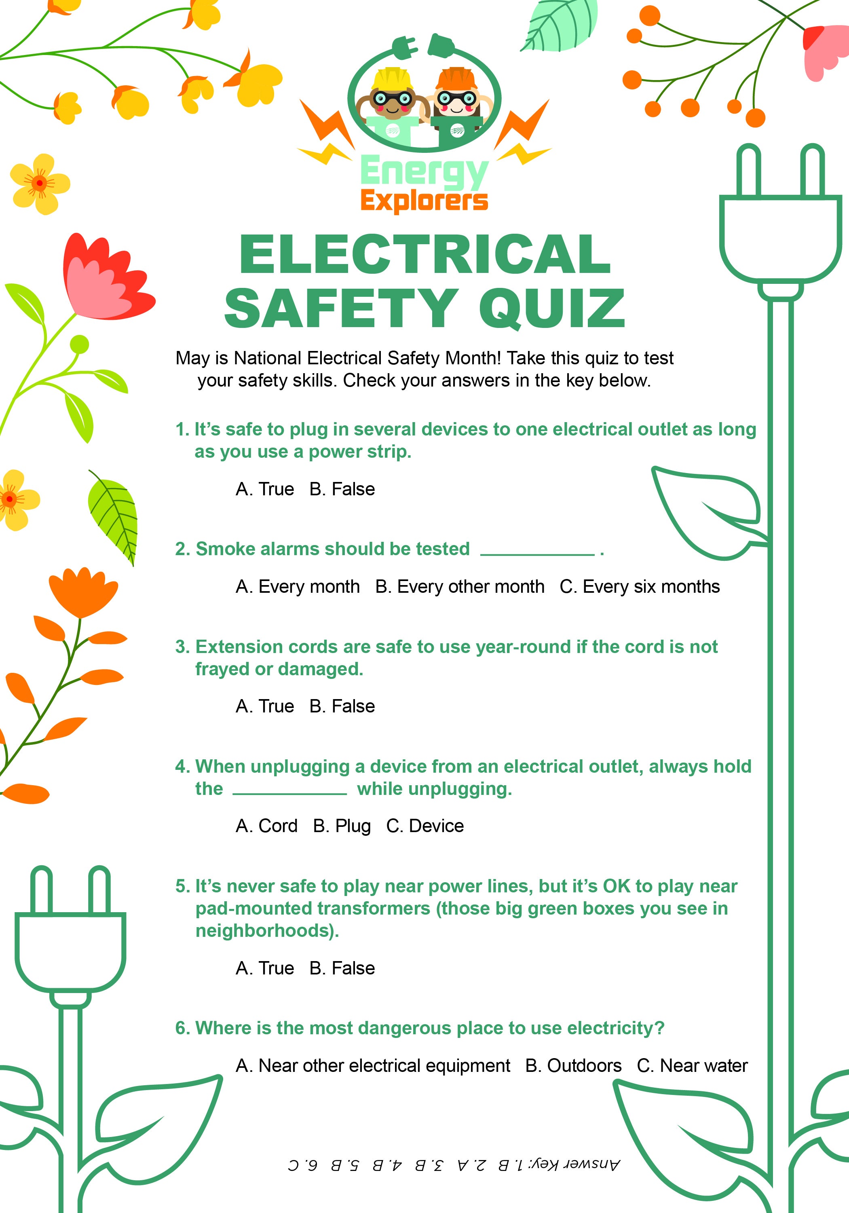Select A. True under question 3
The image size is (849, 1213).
[x=265, y=706]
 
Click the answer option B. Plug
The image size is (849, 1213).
[x=342, y=826]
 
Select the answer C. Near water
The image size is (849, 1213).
[x=692, y=1065]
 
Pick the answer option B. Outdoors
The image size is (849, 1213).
[x=573, y=1065]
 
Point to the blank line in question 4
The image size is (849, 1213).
[x=289, y=794]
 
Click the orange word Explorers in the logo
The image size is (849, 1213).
[x=424, y=201]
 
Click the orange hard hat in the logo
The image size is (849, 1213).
[x=456, y=78]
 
